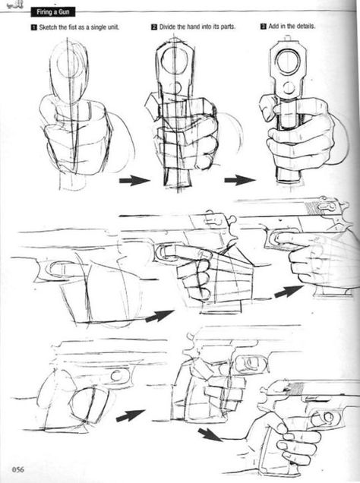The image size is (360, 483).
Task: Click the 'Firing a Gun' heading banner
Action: point(52,12)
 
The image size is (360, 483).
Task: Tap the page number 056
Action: point(18,469)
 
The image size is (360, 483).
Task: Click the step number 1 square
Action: point(33,27)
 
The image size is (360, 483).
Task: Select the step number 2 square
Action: point(154,27)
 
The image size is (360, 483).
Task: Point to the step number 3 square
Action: point(264,26)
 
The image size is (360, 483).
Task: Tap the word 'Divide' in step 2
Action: point(167,27)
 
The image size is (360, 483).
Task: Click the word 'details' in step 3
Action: point(305,26)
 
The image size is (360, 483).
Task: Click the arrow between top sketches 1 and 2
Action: point(134,180)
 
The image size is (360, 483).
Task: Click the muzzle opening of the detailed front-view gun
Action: point(288,62)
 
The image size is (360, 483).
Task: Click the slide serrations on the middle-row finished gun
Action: point(311,208)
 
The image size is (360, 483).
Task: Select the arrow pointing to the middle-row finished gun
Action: point(289,291)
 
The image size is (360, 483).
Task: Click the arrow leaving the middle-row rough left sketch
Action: point(159,316)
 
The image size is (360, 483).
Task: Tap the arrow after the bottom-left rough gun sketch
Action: point(131,415)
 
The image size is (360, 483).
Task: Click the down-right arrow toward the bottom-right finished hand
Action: point(210,434)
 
